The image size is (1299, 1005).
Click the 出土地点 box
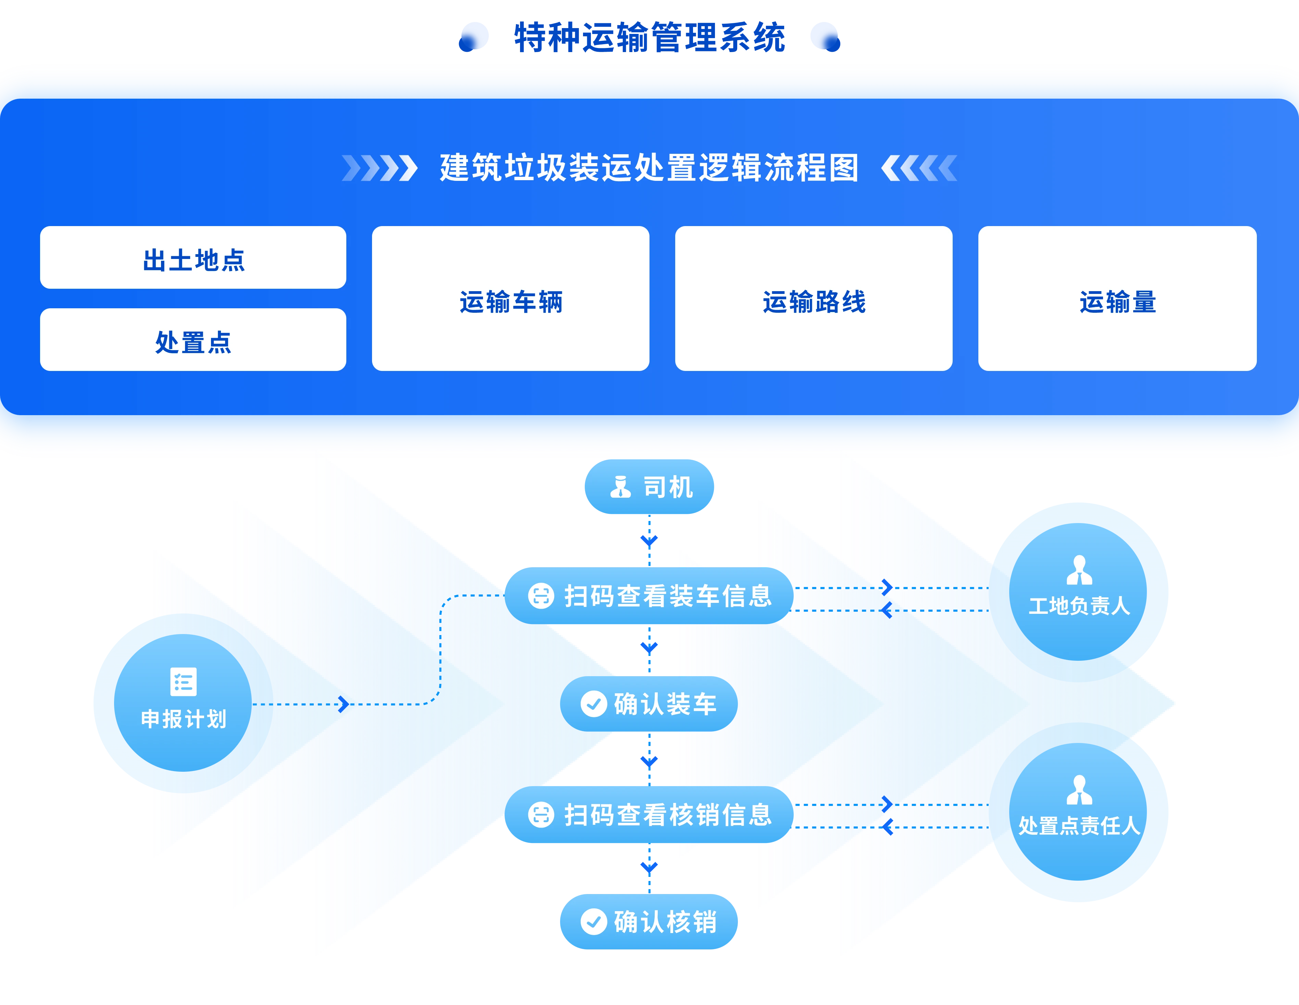193,258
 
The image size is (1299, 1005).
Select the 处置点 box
193,340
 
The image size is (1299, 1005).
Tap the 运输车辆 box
510,299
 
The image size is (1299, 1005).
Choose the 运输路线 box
814,299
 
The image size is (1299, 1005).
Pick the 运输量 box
1117,299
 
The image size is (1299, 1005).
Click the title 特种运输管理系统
649,37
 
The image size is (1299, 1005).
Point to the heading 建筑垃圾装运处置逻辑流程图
649,168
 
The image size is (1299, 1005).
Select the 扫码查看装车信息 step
649,596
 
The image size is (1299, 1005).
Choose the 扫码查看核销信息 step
649,815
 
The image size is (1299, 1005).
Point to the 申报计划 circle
183,703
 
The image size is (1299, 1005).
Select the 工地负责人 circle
1079,591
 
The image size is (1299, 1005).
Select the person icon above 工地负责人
1079,570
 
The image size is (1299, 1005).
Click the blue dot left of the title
474,37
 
